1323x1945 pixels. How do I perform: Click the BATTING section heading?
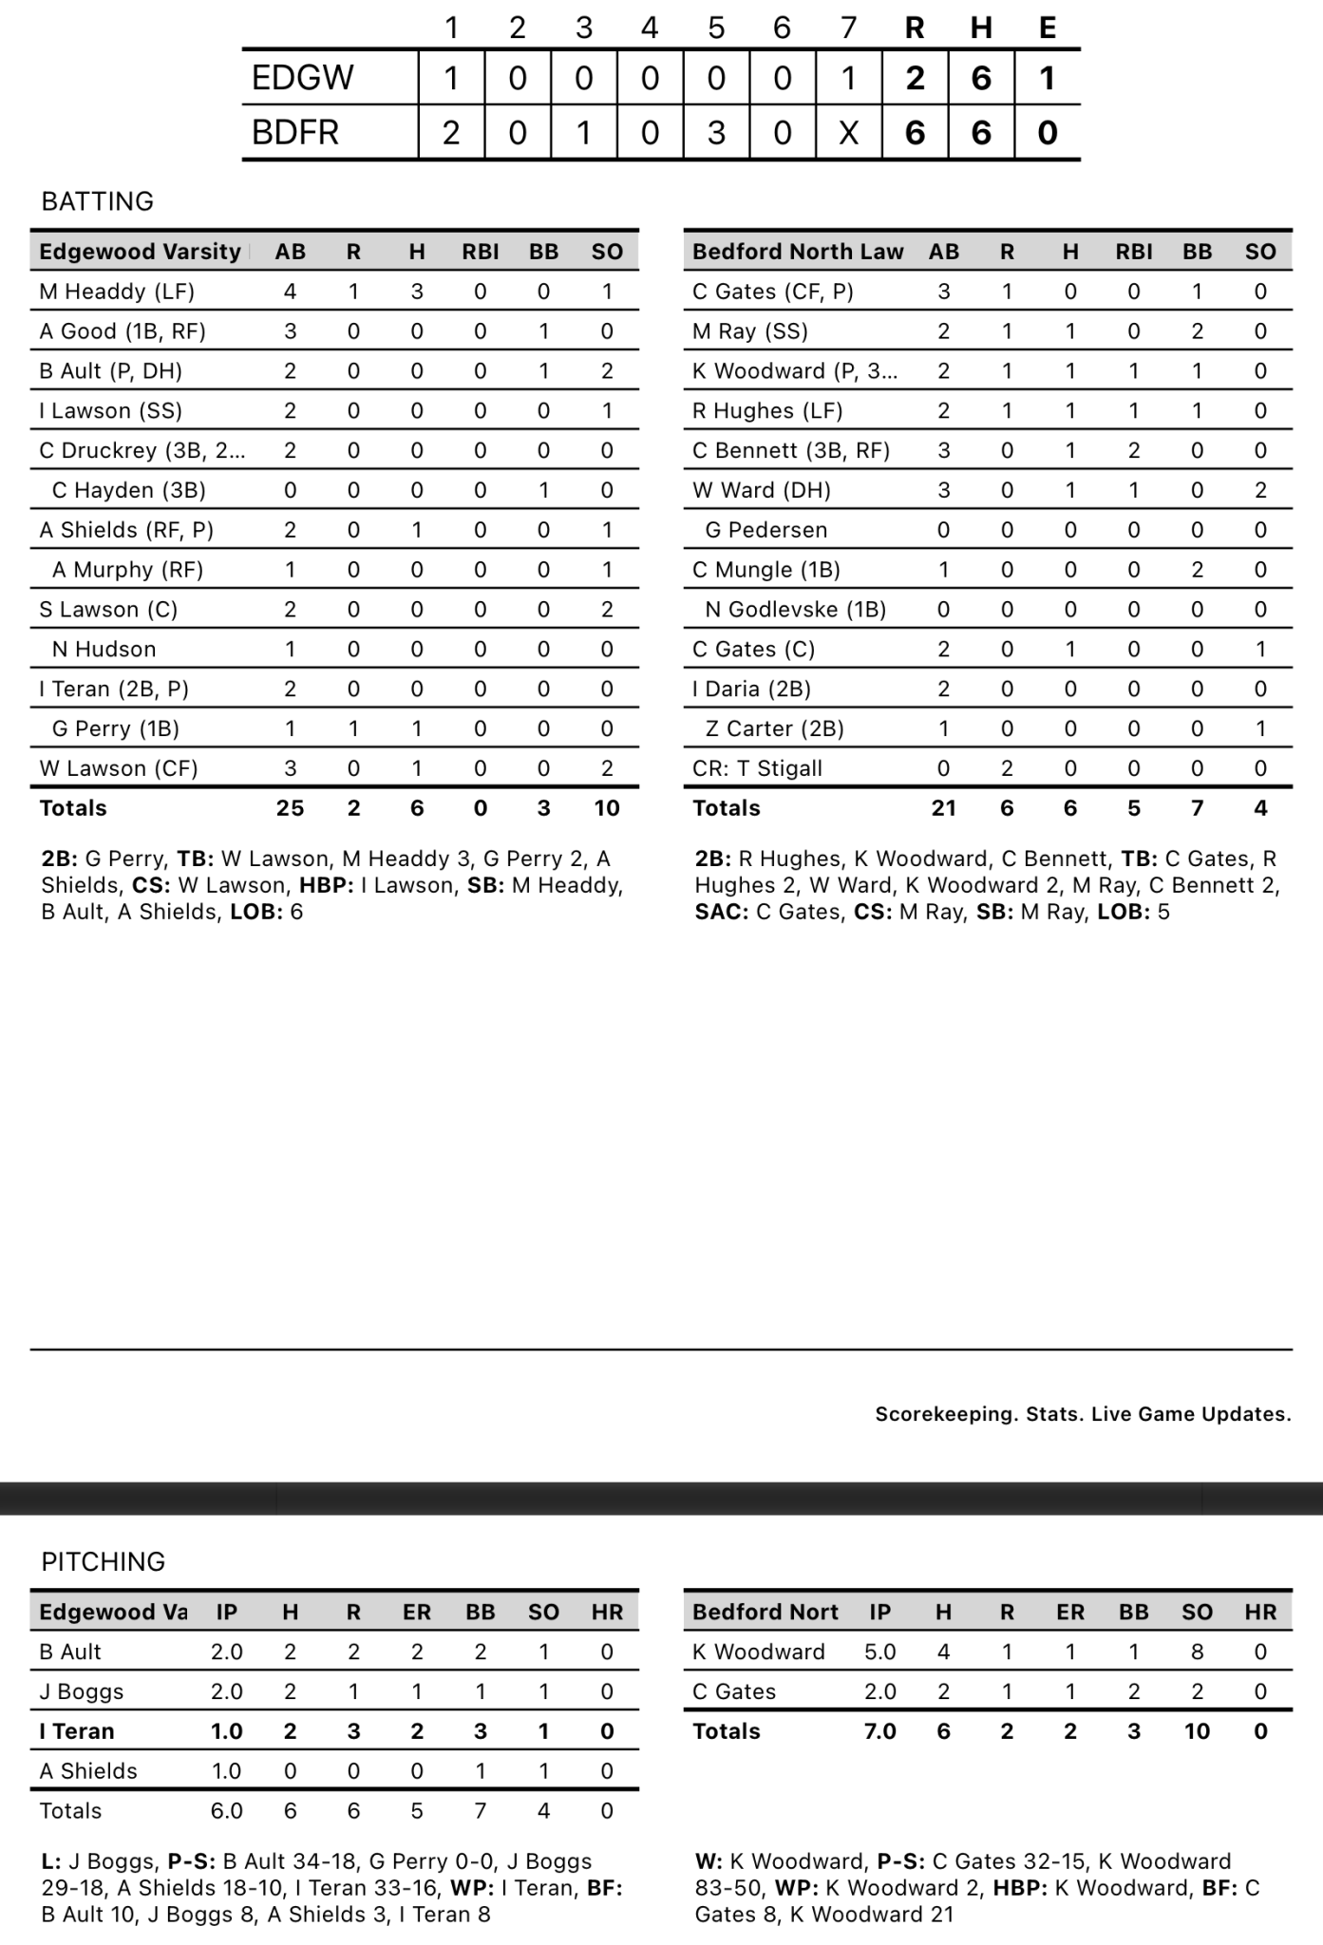(97, 201)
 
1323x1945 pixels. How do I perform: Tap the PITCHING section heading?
(103, 1561)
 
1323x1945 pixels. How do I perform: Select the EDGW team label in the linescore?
(302, 78)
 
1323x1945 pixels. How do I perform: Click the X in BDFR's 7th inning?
(848, 133)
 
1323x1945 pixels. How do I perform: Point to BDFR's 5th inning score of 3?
(716, 133)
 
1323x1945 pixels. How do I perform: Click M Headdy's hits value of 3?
(417, 292)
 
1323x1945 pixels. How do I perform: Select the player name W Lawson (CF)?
(119, 768)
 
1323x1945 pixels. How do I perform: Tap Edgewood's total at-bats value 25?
(290, 808)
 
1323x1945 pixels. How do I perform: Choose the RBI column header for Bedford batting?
(1133, 252)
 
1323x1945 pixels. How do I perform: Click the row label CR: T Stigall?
(757, 768)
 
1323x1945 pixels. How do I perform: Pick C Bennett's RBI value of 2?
(1133, 450)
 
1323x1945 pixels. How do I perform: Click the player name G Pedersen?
(765, 530)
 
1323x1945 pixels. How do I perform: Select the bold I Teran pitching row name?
(77, 1731)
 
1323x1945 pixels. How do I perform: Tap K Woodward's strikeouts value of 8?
(1197, 1652)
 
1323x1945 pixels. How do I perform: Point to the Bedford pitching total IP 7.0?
(879, 1731)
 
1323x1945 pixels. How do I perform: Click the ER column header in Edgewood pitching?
(417, 1612)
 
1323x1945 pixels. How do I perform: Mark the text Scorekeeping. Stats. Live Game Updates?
(1083, 1414)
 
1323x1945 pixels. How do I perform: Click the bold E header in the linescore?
(1048, 28)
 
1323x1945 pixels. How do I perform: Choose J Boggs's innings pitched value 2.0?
(227, 1691)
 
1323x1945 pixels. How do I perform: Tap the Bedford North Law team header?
(798, 252)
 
